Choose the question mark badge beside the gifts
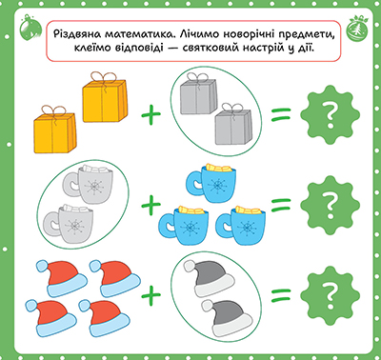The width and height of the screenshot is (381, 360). pyautogui.click(x=331, y=117)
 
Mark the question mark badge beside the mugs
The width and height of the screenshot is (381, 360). pyautogui.click(x=331, y=203)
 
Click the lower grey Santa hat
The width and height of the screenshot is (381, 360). pyautogui.click(x=227, y=313)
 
